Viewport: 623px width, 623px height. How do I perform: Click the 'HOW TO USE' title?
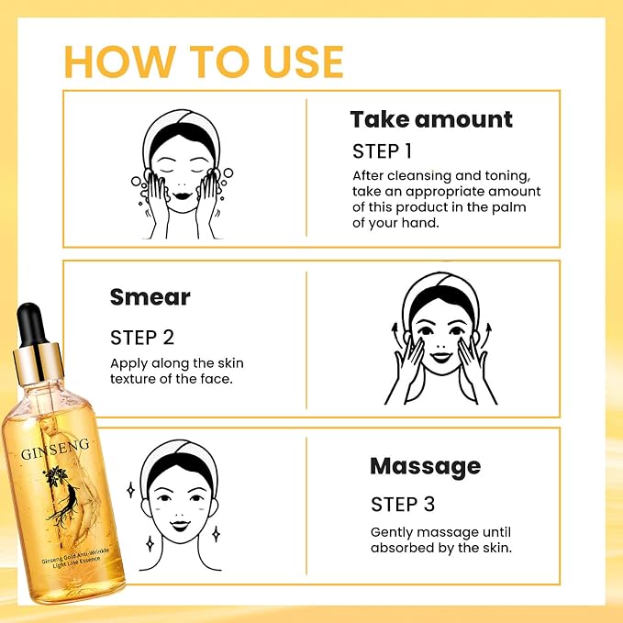pyautogui.click(x=204, y=61)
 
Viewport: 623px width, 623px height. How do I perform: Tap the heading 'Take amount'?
pyautogui.click(x=431, y=119)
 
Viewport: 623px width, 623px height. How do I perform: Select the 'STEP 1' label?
pyautogui.click(x=382, y=151)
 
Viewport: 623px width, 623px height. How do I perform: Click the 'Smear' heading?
pyautogui.click(x=150, y=296)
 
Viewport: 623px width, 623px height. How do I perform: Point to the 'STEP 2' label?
pyautogui.click(x=142, y=338)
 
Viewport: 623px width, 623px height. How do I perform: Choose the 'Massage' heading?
pyautogui.click(x=425, y=467)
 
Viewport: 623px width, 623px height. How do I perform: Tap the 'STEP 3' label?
pyautogui.click(x=403, y=505)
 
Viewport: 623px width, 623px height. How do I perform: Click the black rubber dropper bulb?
pyautogui.click(x=29, y=323)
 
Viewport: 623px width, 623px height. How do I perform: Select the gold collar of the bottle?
pyautogui.click(x=39, y=362)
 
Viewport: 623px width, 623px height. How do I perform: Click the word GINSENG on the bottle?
pyautogui.click(x=55, y=449)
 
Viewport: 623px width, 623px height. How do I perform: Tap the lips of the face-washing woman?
pyautogui.click(x=183, y=195)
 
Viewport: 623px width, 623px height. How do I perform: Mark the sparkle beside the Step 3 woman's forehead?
pyautogui.click(x=130, y=490)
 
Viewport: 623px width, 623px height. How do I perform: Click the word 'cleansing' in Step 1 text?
pyautogui.click(x=419, y=176)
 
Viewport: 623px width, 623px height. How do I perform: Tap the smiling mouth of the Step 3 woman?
pyautogui.click(x=180, y=526)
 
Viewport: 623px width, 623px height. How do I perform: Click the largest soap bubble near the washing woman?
pyautogui.click(x=228, y=172)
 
